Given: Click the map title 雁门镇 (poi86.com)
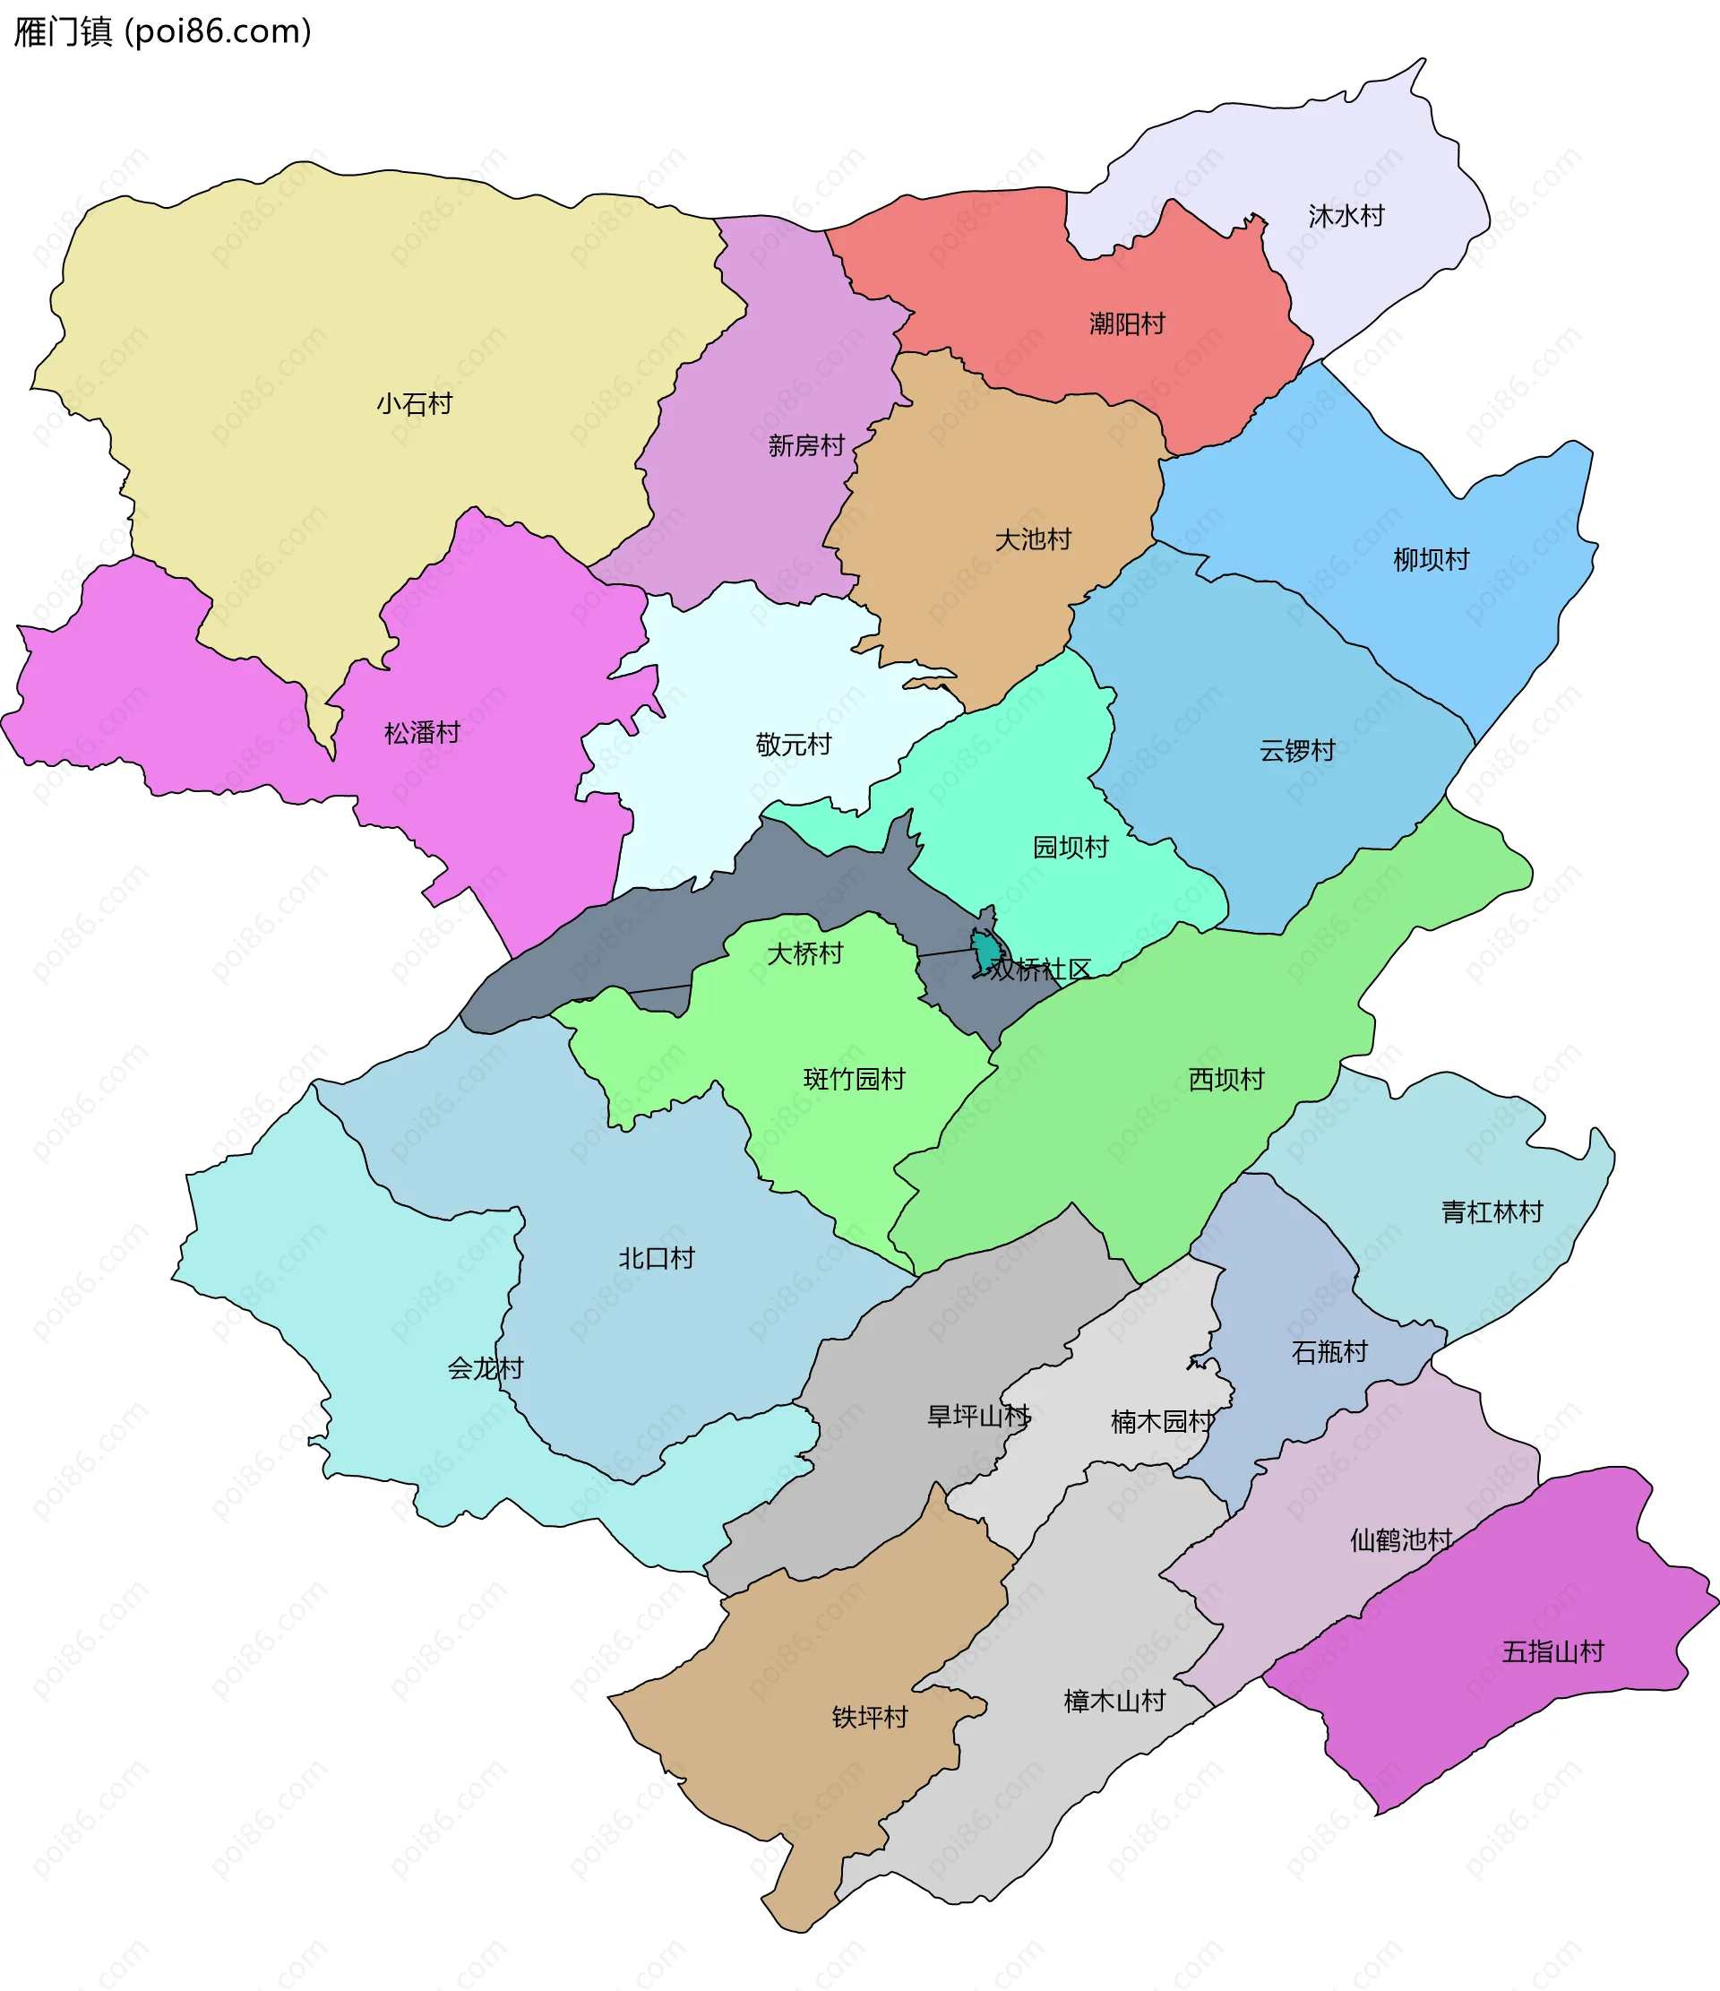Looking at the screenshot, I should click(x=161, y=31).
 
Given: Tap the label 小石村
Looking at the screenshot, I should click(x=414, y=403).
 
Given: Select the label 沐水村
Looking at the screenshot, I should click(x=1346, y=216).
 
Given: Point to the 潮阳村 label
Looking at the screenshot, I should click(x=1127, y=323).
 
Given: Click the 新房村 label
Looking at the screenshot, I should click(x=806, y=446).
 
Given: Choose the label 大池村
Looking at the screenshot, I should click(x=1033, y=539).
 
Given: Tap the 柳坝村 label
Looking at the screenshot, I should click(x=1431, y=559).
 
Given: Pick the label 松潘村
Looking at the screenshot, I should click(x=422, y=733).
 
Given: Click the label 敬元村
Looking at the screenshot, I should click(x=793, y=745).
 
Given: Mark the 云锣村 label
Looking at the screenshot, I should click(x=1297, y=751).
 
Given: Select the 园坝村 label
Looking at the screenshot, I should click(x=1071, y=847).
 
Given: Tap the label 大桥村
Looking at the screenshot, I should click(x=804, y=953).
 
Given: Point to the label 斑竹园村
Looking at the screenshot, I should click(x=853, y=1079).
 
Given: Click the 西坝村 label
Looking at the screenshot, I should click(x=1225, y=1079).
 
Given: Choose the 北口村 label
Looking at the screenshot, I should click(x=656, y=1258).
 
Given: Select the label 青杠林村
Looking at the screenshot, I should click(x=1492, y=1211).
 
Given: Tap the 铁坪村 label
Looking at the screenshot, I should click(x=870, y=1717).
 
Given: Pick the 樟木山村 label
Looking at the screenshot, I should click(x=1114, y=1702).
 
